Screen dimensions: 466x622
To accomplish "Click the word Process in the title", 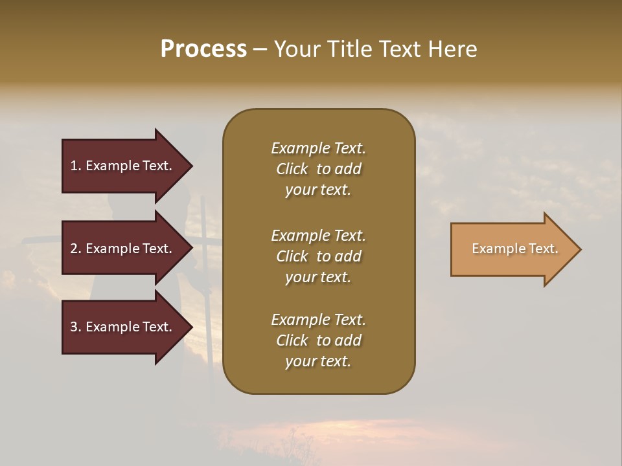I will coord(203,49).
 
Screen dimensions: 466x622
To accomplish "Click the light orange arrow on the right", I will coord(512,249).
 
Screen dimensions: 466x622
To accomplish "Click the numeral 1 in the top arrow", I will coord(73,166).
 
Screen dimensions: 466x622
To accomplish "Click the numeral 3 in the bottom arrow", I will coord(74,327).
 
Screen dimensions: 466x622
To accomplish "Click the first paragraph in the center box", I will coord(318,169).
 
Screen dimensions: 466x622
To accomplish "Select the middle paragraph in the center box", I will coord(318,256).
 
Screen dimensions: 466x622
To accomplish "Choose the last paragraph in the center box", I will coord(318,340).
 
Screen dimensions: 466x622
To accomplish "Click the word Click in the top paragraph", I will coord(292,170).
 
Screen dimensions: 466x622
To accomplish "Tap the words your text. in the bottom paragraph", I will coord(318,362).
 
